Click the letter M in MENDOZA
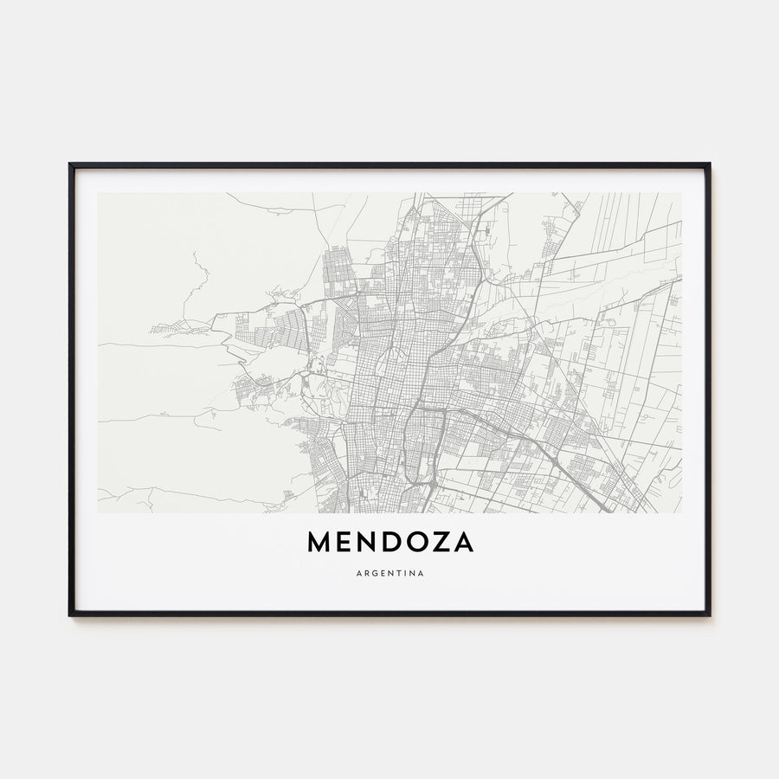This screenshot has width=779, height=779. pos(318,543)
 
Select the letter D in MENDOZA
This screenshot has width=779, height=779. pos(388,543)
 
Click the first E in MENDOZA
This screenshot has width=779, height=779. pos(343,543)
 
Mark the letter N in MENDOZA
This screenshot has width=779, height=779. pos(364,543)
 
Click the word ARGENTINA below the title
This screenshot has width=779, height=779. pos(389,573)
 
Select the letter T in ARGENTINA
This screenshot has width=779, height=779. pos(398,573)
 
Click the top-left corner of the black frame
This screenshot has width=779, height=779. pos(70,164)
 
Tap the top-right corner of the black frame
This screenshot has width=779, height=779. pos(709,164)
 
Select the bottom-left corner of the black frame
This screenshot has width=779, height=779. pos(70,615)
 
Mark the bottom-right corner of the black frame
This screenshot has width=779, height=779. pos(709,615)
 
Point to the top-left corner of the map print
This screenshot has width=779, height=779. pos(98,193)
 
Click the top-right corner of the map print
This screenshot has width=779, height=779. pos(681,193)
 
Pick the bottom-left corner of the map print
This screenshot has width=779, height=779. pos(98,512)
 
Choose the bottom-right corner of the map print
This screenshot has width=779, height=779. pos(681,512)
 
